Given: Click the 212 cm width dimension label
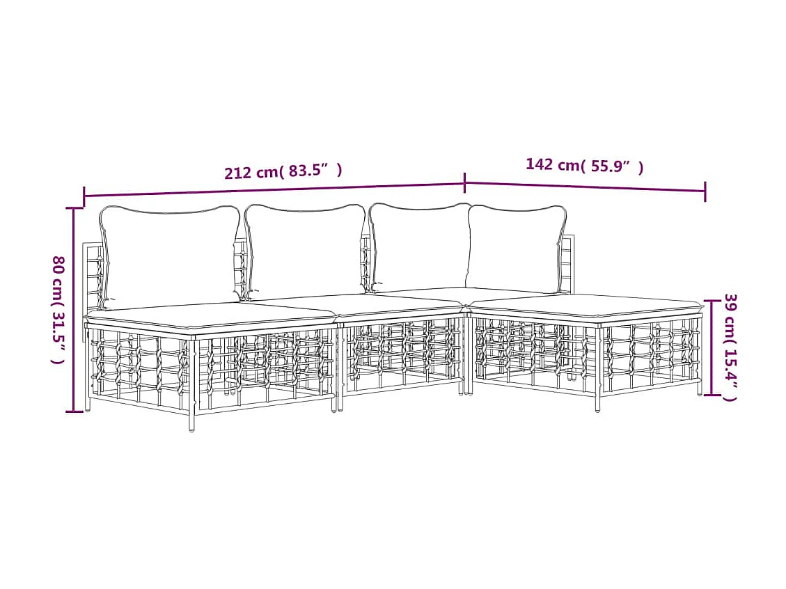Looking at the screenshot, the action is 283,171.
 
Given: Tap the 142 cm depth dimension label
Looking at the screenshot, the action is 584,166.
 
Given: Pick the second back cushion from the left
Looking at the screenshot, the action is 305,249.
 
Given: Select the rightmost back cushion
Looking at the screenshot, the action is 515,247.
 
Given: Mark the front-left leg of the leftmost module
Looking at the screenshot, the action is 192,421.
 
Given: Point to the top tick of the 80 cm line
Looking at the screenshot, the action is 74,208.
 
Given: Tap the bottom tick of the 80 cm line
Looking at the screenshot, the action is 74,411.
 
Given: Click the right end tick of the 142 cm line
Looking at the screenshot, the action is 705,191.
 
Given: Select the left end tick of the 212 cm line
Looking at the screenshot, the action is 84,197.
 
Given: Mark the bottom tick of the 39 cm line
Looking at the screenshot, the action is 712,395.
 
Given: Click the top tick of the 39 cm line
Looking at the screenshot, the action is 712,301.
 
